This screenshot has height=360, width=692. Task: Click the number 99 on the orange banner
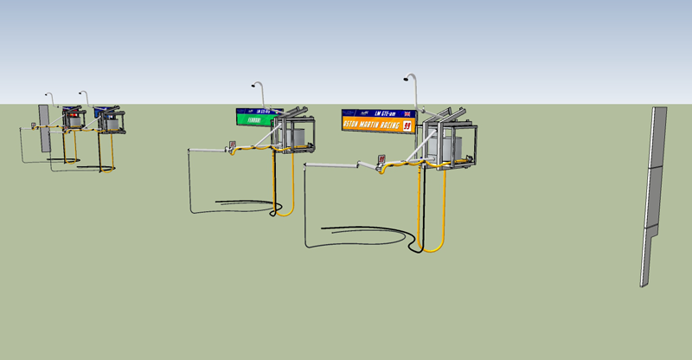(407, 126)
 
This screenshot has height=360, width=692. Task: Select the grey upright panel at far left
(43, 127)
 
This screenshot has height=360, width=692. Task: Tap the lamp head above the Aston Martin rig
(406, 79)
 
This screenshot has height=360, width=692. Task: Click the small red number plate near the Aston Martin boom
(381, 159)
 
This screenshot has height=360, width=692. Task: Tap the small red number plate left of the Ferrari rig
(231, 145)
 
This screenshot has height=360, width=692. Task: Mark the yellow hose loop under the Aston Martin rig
(432, 234)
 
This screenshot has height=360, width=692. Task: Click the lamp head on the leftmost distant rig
(48, 94)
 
